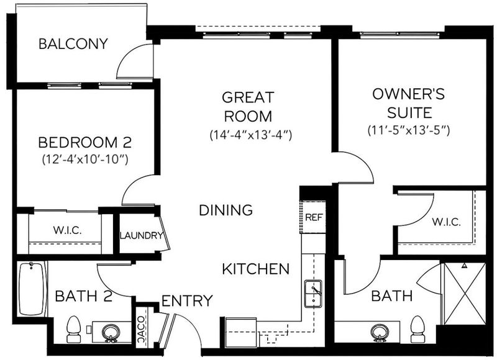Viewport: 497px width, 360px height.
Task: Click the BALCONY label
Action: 73,43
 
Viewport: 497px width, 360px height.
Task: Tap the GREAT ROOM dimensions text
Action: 250,135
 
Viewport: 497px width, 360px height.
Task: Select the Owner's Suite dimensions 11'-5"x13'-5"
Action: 409,130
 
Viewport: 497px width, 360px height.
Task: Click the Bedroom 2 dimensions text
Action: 85,160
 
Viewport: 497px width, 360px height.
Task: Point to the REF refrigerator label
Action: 314,217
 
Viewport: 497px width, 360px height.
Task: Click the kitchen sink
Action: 313,294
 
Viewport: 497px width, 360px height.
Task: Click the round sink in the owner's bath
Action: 380,333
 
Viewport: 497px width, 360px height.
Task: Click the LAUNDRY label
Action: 142,236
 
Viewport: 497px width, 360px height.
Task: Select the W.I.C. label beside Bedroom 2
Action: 67,230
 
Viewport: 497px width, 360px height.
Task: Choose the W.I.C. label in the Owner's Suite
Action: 446,222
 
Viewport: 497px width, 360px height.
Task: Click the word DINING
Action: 226,210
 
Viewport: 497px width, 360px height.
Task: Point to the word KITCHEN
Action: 255,269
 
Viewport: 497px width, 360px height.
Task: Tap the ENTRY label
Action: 187,301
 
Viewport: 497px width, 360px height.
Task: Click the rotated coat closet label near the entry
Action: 142,330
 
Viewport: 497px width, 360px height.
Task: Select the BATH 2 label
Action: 84,296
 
